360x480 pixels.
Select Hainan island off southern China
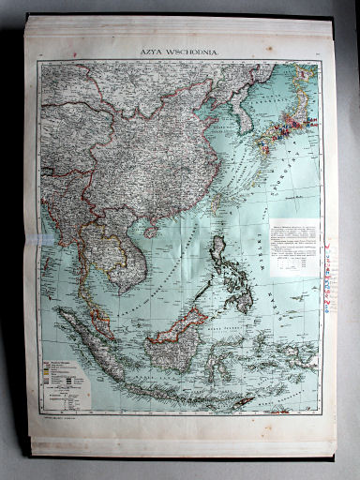[149, 228]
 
